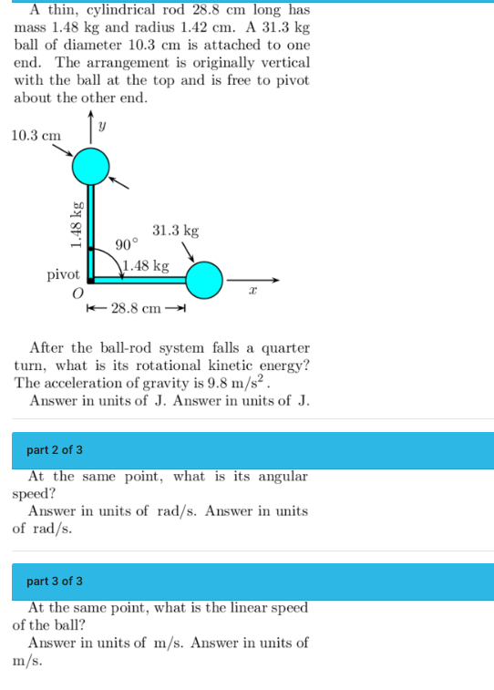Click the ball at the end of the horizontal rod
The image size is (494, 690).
pos(204,280)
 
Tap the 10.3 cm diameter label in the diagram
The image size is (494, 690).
pos(36,135)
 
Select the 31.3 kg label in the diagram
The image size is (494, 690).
pos(175,231)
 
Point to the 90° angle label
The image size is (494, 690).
pos(128,244)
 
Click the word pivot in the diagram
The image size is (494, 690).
pos(64,273)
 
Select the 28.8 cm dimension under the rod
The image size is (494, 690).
pos(137,308)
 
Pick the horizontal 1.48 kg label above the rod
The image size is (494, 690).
pos(146,265)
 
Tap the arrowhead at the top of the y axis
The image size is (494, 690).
pos(91,116)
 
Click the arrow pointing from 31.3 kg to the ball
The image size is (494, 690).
pos(189,252)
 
